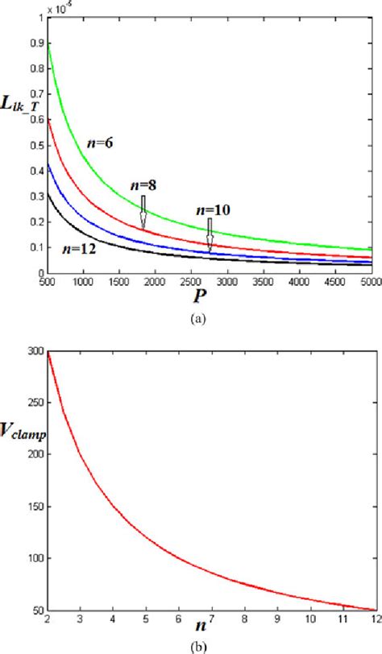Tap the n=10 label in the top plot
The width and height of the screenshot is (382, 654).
click(212, 210)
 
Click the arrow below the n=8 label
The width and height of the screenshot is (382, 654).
click(143, 211)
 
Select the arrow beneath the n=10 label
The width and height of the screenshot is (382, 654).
click(209, 235)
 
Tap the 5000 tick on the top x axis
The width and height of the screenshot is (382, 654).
click(370, 283)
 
